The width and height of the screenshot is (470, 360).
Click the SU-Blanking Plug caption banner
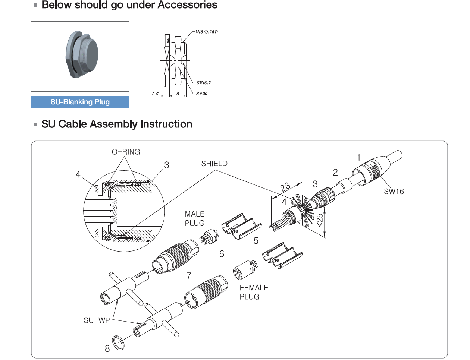coord(80,102)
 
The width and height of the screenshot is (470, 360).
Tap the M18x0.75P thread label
coord(206,32)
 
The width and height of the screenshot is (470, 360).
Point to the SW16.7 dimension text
coord(204,83)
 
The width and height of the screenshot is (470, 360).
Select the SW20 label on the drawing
coord(202,94)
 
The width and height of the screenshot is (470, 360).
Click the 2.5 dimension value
coord(155,94)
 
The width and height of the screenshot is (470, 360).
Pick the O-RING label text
coord(126,152)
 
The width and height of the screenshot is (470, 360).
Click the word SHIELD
coord(214,164)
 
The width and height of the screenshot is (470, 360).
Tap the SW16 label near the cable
coord(394,192)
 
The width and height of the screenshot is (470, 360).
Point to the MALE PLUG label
coord(195,219)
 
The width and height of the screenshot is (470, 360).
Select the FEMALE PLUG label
coord(254,292)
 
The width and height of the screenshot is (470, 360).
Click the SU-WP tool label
coord(97,320)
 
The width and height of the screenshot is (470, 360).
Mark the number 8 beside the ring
coord(107,349)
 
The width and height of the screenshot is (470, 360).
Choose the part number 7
coord(189,276)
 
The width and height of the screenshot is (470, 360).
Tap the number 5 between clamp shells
coord(256,241)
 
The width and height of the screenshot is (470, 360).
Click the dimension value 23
coord(285,187)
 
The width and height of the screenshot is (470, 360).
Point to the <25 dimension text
coord(320,220)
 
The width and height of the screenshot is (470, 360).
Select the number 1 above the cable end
coord(359,158)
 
